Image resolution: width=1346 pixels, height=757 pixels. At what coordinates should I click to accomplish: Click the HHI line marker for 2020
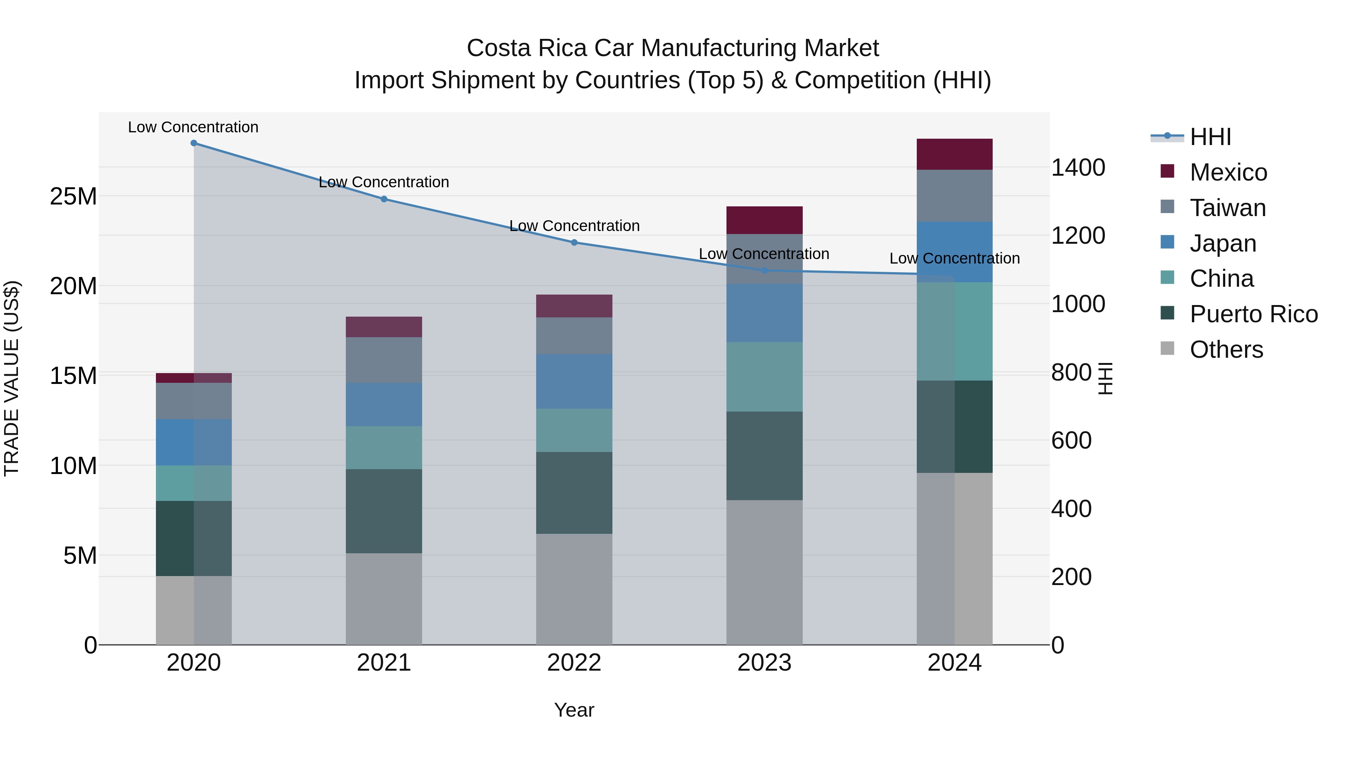tap(194, 143)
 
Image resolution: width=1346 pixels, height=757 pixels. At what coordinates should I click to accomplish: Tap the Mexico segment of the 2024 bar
tap(954, 154)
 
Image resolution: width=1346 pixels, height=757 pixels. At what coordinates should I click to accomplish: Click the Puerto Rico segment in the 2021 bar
tap(384, 511)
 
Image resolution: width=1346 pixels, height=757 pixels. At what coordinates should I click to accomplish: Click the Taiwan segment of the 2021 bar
tap(384, 360)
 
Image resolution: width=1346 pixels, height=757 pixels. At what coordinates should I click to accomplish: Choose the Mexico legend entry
tap(1228, 172)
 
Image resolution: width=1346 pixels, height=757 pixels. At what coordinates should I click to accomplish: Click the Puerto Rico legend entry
tap(1253, 314)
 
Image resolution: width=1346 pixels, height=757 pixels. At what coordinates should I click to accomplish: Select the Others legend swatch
tap(1167, 348)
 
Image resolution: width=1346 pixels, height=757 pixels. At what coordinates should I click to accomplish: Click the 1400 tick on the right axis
tap(1078, 168)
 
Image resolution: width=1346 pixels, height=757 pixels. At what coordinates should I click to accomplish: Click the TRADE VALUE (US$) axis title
tap(12, 378)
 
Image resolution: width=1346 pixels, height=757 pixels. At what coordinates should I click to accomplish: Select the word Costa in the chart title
tap(498, 48)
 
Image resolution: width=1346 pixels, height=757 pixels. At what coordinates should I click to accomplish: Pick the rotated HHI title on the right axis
tap(1105, 378)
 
